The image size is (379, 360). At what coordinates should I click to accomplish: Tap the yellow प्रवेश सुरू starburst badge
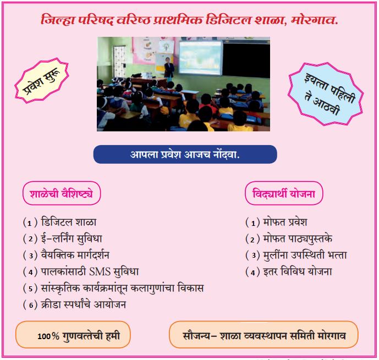pos(42,80)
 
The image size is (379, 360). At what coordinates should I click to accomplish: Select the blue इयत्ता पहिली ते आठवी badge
pos(326,94)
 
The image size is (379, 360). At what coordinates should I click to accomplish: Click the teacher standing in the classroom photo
pos(169,69)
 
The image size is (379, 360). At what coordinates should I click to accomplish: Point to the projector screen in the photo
pos(200,58)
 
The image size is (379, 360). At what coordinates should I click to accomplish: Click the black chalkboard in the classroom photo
pos(246,60)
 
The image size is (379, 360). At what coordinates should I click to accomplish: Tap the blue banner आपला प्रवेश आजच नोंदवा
pos(185,154)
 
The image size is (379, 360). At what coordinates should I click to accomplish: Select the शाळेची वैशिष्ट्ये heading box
pos(62,193)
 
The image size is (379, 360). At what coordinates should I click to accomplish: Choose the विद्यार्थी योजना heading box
pos(284,193)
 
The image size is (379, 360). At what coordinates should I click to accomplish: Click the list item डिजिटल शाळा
pos(69,222)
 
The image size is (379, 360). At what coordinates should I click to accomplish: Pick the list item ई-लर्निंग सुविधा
pos(72,239)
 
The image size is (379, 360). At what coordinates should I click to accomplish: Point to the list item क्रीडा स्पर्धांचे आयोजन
pos(84,304)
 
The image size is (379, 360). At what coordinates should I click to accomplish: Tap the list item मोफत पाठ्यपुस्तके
pos(298,239)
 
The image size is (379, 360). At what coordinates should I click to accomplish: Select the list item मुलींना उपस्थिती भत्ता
pos(305,255)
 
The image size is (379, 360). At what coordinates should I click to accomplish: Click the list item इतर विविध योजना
pos(298,272)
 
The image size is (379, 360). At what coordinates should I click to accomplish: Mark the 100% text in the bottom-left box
pos(48,336)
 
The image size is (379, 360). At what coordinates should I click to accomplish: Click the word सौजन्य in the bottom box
pos(196,336)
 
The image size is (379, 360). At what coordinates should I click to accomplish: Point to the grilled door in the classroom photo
pos(120,62)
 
